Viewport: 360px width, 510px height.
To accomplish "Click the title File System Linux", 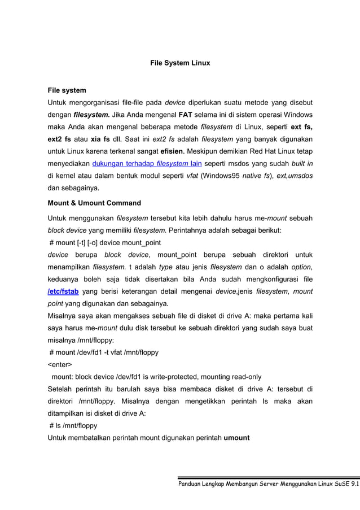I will (x=179, y=63).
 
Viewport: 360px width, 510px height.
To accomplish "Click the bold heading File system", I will (x=67, y=90).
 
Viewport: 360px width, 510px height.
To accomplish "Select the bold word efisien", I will (x=160, y=152).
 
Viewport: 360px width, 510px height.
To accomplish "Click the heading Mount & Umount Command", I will (x=94, y=203).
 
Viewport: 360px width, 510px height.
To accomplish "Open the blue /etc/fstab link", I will (x=63, y=291).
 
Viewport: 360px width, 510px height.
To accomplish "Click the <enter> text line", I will (x=60, y=365).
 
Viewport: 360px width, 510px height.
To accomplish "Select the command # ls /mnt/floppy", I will (x=73, y=425).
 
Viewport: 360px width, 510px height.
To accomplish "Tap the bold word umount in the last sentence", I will (x=236, y=438).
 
